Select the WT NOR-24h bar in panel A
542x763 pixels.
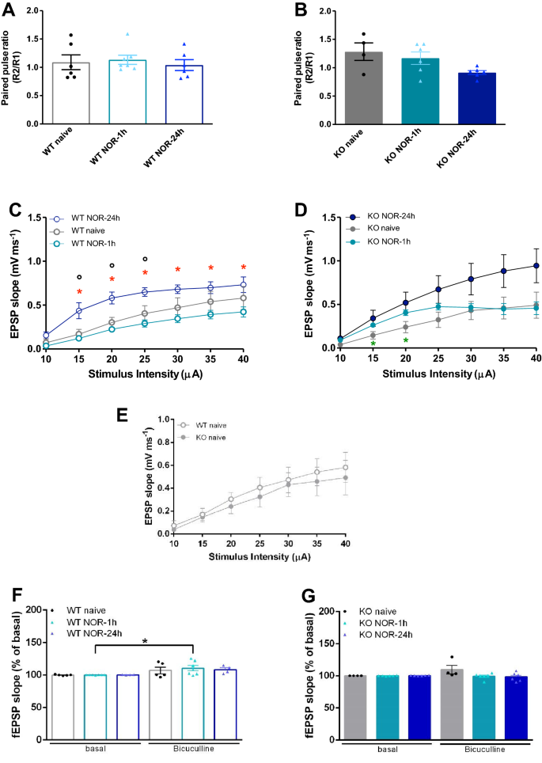coord(184,95)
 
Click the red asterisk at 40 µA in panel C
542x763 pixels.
coord(244,268)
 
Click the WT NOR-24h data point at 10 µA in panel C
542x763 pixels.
coord(45,336)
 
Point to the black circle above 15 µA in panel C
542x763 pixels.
coord(79,277)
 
